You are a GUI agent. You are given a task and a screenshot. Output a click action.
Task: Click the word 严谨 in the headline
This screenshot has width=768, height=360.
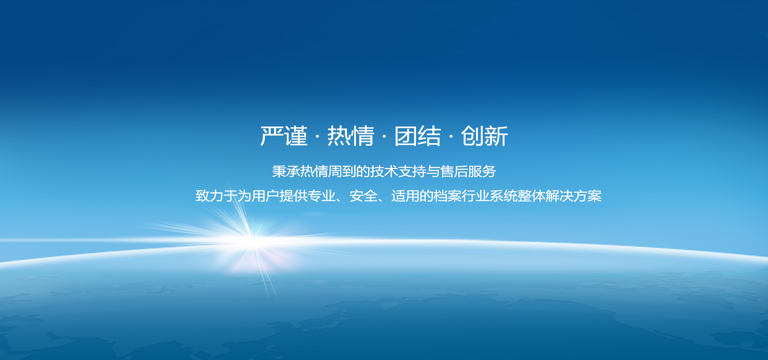tap(284, 136)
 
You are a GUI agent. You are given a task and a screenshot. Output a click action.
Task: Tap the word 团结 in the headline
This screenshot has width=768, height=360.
tap(418, 136)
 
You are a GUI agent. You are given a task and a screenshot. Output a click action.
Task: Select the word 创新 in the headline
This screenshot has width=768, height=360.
tap(484, 136)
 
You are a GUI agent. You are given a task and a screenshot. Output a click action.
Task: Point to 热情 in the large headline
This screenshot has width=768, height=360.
tap(351, 136)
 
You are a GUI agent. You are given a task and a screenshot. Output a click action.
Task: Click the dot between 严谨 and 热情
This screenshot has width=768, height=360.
tap(318, 137)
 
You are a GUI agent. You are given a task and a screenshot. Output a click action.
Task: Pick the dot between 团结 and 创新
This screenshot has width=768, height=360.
tap(451, 137)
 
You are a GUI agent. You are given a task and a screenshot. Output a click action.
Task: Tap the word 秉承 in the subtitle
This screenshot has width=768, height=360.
tap(286, 172)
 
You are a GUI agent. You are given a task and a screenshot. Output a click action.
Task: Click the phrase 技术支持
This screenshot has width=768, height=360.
tap(398, 172)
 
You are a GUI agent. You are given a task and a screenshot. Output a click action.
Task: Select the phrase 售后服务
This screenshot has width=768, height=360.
tap(468, 172)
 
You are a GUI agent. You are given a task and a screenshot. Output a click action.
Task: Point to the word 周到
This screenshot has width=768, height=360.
tap(342, 172)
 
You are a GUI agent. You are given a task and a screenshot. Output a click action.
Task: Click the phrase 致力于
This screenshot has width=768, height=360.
tap(216, 196)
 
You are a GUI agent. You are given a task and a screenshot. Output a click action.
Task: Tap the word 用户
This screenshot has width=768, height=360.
tap(266, 196)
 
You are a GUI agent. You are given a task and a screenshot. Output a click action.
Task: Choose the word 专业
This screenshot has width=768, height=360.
tap(322, 196)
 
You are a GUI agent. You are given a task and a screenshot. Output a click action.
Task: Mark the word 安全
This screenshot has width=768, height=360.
tap(364, 196)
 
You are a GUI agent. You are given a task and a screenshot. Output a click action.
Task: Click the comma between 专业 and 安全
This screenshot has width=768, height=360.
tap(340, 200)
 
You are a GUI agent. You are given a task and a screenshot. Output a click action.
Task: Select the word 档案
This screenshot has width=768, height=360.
tap(448, 196)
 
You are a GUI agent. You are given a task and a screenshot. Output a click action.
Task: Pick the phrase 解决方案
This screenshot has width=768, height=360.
tap(574, 196)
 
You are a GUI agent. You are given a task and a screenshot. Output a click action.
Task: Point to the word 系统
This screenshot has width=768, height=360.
tap(504, 196)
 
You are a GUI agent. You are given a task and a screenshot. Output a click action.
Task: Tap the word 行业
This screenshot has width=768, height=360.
tap(476, 196)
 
